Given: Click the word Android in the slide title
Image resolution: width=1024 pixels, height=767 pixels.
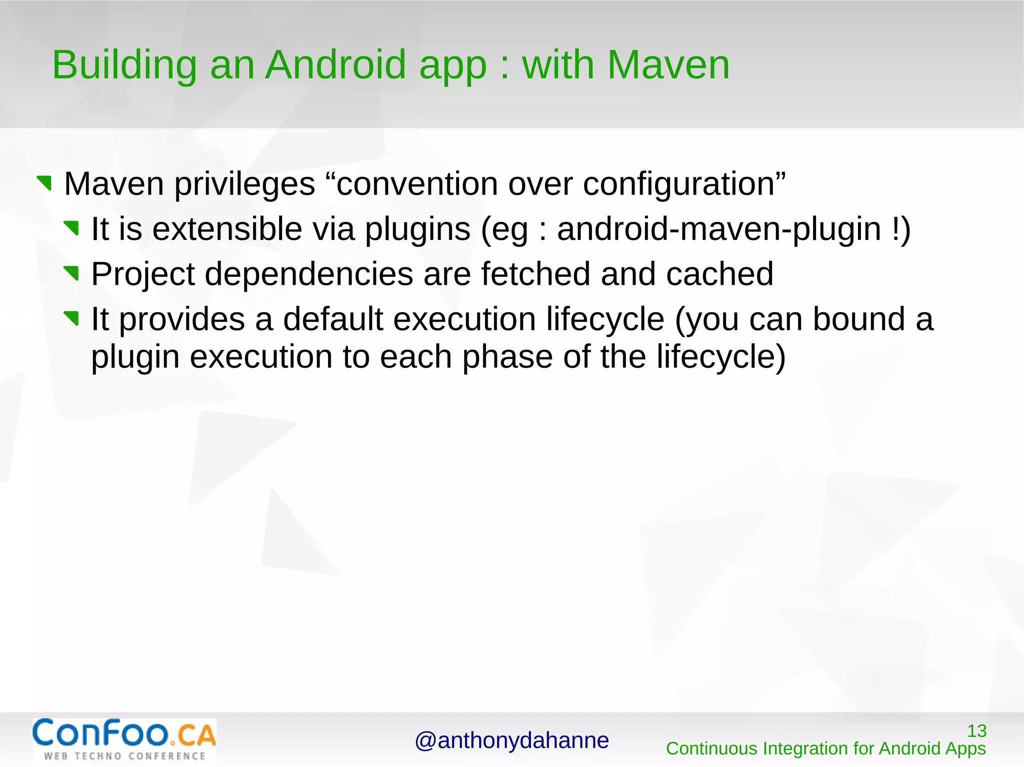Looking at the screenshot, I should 335,65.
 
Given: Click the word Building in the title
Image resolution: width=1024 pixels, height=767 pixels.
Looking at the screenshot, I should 124,66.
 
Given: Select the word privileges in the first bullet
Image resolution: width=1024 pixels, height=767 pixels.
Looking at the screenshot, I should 244,184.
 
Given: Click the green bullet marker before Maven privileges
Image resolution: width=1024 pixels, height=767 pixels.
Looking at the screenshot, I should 44,183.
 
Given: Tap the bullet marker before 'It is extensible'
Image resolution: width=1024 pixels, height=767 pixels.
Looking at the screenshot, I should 71,228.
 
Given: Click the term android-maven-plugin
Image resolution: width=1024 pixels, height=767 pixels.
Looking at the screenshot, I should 718,229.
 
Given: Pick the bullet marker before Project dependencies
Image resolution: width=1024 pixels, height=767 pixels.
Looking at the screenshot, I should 71,273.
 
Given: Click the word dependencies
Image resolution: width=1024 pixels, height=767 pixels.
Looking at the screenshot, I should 308,274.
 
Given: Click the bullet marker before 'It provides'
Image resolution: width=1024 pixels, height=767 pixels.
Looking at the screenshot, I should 71,318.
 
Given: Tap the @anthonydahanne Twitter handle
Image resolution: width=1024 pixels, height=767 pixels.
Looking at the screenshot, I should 511,741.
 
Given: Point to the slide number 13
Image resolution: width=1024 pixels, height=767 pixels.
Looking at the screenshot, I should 976,731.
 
